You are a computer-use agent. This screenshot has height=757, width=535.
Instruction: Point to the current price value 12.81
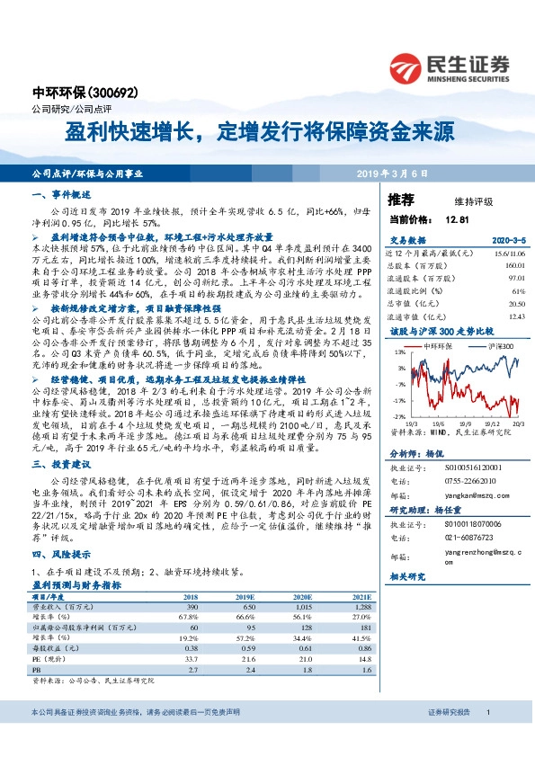pos(457,218)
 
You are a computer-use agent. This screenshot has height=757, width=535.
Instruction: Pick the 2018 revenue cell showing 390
pos(191,607)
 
